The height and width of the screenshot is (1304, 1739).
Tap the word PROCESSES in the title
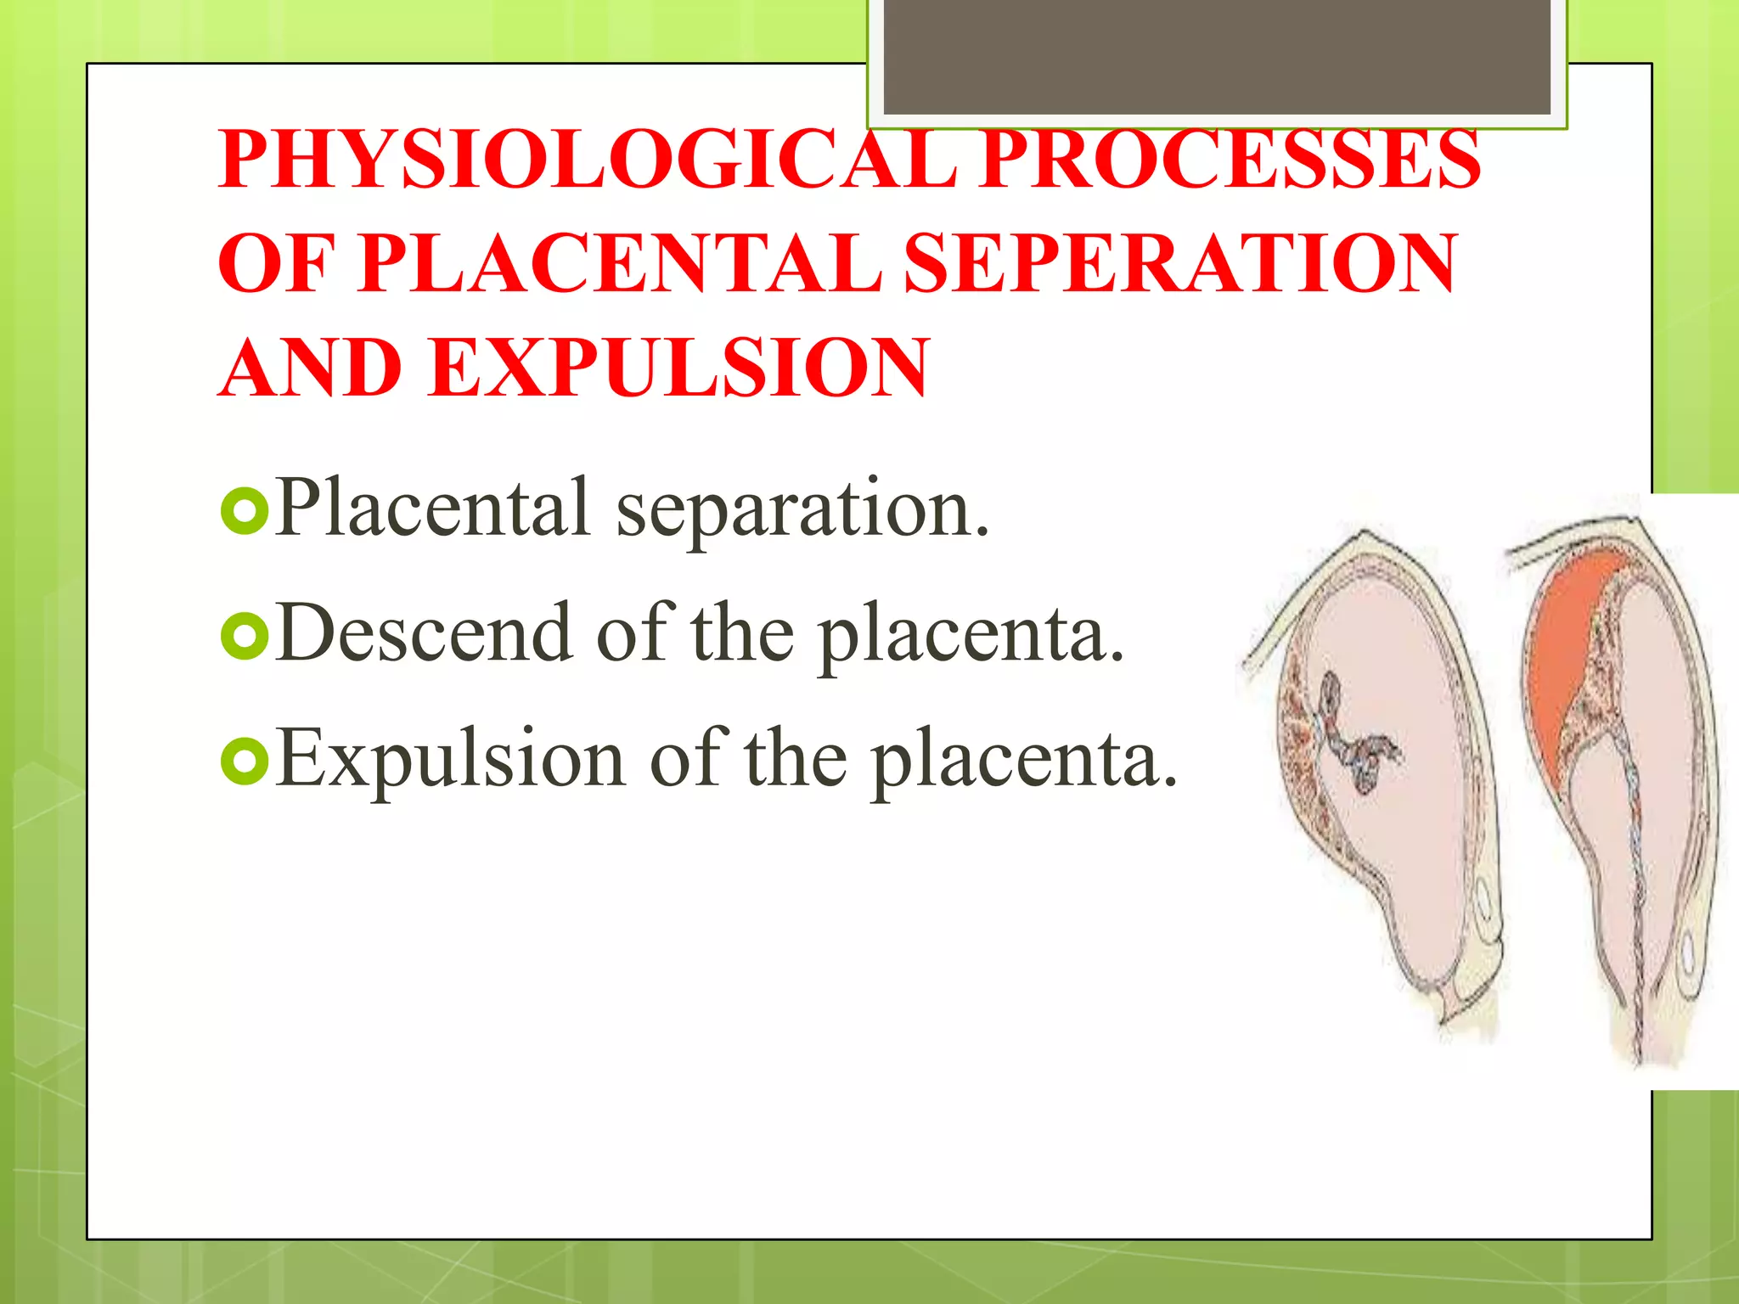pos(1231,160)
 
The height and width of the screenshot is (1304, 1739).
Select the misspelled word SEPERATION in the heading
pos(1180,264)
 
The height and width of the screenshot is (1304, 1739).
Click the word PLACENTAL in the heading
pos(620,264)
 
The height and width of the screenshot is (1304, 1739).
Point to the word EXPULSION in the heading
pos(679,368)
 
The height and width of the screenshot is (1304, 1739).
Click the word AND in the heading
pos(310,368)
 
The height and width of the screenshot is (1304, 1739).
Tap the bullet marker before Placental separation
pos(245,511)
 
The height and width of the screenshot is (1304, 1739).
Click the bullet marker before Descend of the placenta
pos(245,637)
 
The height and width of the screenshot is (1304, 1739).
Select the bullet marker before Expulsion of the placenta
pos(245,762)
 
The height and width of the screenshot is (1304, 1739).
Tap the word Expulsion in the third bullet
pos(450,760)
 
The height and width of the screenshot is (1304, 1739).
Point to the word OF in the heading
pos(276,264)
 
